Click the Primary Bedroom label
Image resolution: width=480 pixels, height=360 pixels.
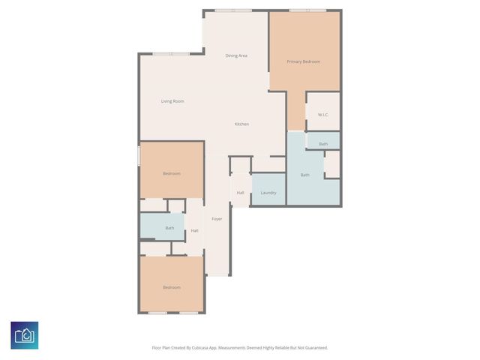pos(304,61)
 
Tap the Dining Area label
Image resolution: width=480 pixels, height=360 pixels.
pos(236,55)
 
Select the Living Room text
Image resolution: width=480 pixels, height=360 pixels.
pos(172,101)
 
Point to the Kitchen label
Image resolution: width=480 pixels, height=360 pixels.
pos(241,124)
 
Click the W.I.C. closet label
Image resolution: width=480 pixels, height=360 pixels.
pos(323,115)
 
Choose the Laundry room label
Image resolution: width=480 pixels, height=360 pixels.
pos(268,193)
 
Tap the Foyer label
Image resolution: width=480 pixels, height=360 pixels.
pos(217,219)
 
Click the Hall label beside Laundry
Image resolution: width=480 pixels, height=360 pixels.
pos(240,193)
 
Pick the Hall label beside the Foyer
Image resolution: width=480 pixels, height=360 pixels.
pos(194,230)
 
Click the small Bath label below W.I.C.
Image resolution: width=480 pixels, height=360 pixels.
pos(323,143)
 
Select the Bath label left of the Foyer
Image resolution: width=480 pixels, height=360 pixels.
pos(170,228)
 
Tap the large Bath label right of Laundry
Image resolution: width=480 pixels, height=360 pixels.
pos(305,175)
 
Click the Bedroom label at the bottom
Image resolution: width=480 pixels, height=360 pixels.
pos(172,287)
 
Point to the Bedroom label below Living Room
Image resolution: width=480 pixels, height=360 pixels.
pos(172,173)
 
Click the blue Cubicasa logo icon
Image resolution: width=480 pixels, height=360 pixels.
pos(25,335)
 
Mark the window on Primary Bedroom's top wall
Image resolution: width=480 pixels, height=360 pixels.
pos(307,10)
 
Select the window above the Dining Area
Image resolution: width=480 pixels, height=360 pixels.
pos(232,10)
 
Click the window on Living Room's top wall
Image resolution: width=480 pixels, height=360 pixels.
pos(171,53)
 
